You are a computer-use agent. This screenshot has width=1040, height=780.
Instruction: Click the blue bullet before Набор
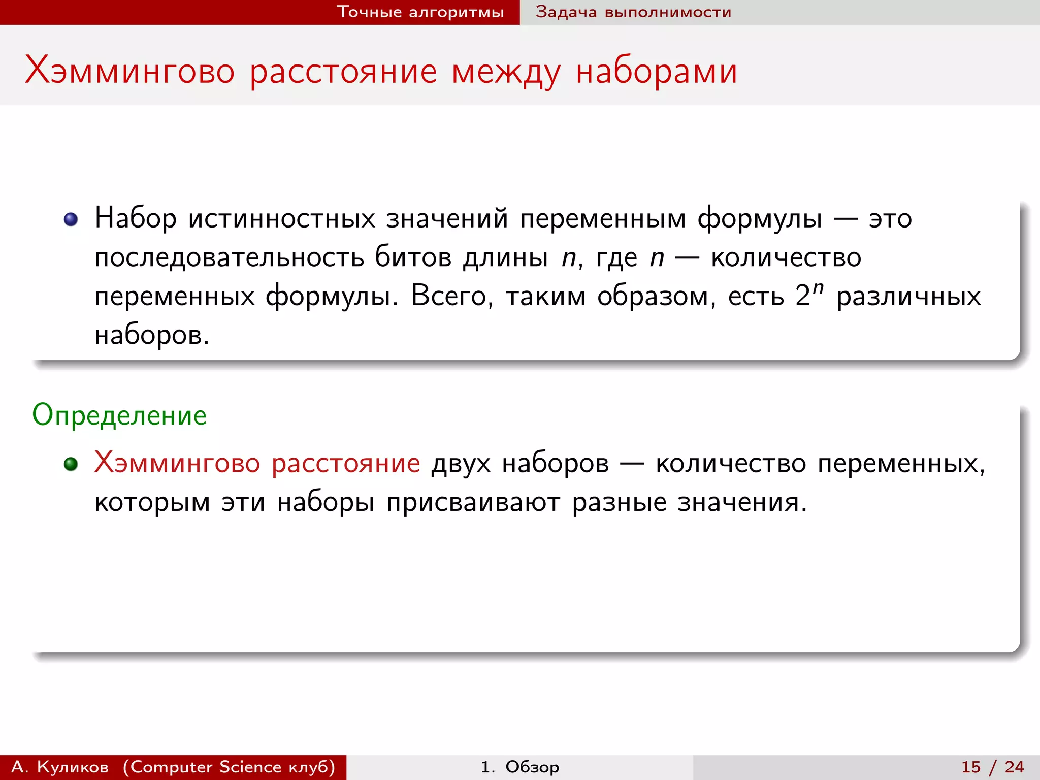tap(71, 219)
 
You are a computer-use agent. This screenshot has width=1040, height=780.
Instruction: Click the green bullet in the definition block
tap(71, 464)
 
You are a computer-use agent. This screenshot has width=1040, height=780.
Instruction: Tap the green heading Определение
tap(119, 415)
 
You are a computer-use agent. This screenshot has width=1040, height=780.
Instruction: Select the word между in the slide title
tap(506, 72)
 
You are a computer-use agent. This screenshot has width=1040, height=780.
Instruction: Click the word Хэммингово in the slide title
tap(130, 71)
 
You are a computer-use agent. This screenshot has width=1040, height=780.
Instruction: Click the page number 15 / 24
tap(992, 767)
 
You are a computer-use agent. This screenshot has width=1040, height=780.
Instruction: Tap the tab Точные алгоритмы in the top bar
tap(420, 12)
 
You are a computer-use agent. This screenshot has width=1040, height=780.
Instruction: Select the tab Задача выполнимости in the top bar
tap(633, 12)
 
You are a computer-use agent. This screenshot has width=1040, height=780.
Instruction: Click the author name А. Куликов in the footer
tap(60, 767)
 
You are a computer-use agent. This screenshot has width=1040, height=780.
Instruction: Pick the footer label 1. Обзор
tap(519, 767)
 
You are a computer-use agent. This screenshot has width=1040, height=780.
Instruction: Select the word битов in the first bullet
tap(413, 257)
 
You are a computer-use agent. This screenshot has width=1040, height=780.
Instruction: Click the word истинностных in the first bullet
tap(282, 219)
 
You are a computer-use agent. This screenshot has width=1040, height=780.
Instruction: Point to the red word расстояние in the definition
tap(345, 464)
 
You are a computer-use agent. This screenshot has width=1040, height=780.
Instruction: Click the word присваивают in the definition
tap(473, 503)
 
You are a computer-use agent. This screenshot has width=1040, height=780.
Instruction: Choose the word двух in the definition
tap(461, 464)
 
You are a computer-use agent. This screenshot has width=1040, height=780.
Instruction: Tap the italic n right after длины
tap(568, 258)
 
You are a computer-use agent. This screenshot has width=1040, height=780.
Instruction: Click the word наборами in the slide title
tap(656, 72)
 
